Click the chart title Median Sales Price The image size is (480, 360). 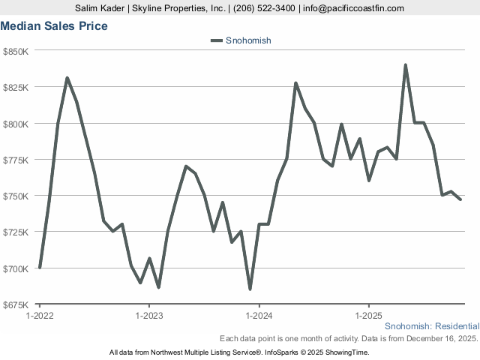[x=54, y=26]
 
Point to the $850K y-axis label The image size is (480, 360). [x=16, y=51]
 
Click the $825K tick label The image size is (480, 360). [x=16, y=87]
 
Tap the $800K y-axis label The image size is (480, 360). [x=16, y=124]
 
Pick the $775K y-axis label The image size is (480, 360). [x=16, y=160]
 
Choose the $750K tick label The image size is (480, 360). [x=16, y=196]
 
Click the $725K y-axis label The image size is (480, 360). [x=16, y=232]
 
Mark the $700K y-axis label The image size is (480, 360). [x=16, y=268]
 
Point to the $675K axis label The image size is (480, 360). [x=16, y=304]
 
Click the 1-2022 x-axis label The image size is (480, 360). [x=39, y=316]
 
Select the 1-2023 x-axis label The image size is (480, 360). [x=149, y=316]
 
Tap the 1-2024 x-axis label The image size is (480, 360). [x=259, y=316]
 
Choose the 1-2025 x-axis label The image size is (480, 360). [x=368, y=316]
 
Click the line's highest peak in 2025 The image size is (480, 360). [x=406, y=65]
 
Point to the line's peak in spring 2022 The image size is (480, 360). [x=67, y=78]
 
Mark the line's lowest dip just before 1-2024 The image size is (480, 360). [x=250, y=289]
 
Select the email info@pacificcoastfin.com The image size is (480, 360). [x=353, y=8]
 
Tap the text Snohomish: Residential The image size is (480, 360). [x=431, y=327]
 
